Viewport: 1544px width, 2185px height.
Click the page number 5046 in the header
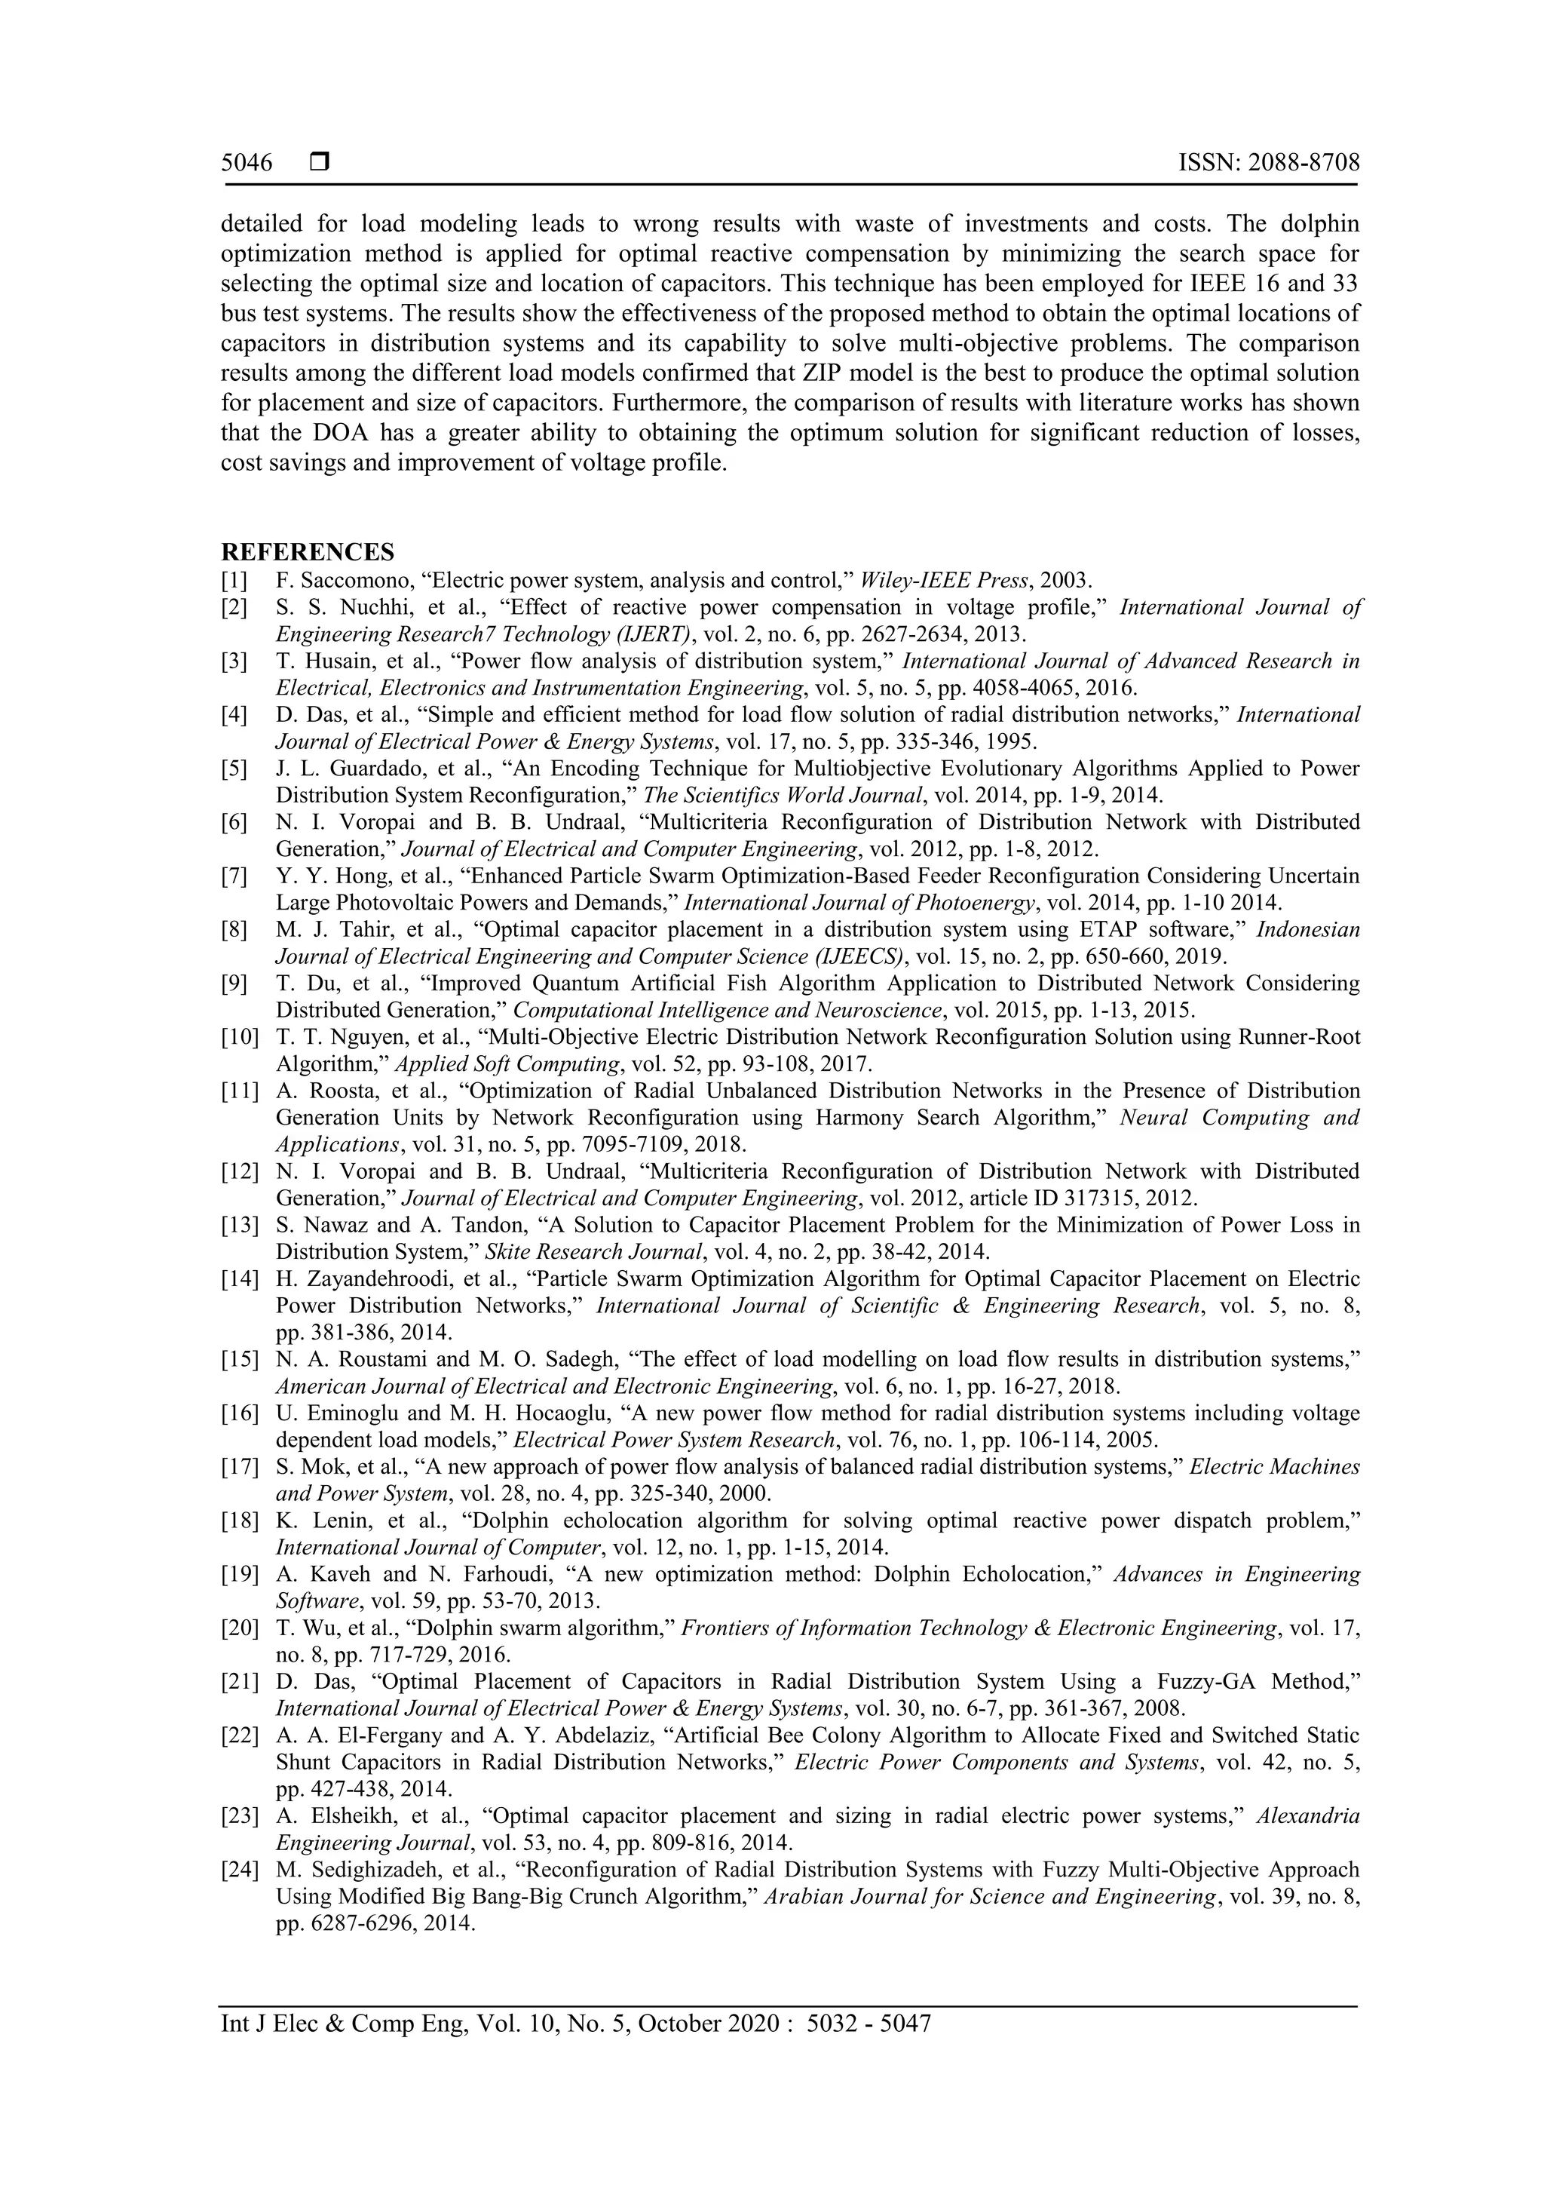click(x=247, y=163)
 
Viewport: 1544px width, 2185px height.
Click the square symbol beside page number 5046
click(x=320, y=163)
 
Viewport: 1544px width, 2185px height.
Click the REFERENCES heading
click(x=308, y=552)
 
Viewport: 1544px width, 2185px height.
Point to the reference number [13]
click(x=239, y=1225)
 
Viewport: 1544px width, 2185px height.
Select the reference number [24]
click(x=239, y=1870)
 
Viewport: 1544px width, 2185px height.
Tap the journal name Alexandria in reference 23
click(x=1308, y=1815)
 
